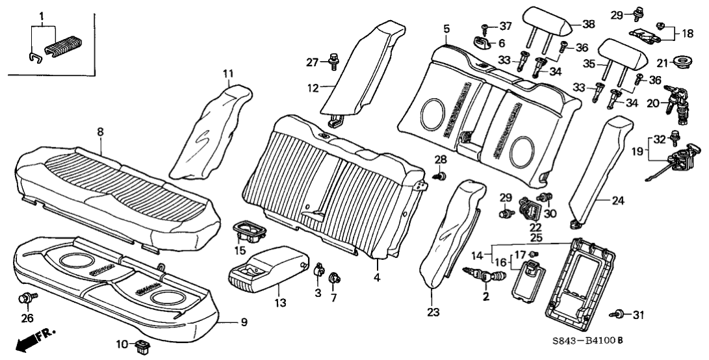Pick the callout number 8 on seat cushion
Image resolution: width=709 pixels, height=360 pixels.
pos(100,131)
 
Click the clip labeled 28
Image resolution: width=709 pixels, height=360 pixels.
pos(441,175)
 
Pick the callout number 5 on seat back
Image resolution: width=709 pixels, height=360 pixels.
pos(446,28)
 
